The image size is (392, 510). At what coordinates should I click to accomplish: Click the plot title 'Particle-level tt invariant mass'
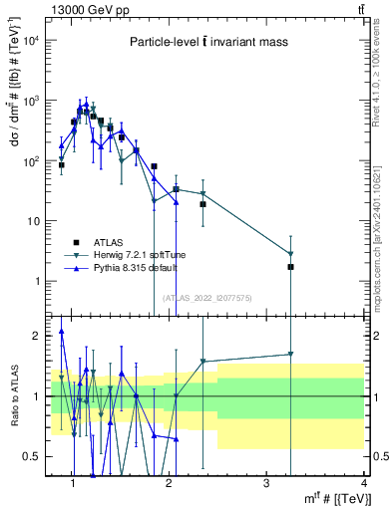(x=207, y=42)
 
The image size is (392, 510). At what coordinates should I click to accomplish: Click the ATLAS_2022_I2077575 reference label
(x=206, y=298)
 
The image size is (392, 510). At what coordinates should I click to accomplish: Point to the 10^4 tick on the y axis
(x=32, y=41)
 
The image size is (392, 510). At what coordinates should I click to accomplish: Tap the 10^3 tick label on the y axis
(x=32, y=101)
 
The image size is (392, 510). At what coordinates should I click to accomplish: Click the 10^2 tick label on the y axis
(x=32, y=160)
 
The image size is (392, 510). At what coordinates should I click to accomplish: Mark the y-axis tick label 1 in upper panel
(x=38, y=281)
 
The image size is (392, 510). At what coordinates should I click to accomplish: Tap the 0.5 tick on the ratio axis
(x=32, y=456)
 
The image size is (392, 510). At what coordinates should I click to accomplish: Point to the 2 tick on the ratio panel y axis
(x=38, y=336)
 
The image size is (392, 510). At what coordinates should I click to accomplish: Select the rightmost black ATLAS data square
(x=291, y=267)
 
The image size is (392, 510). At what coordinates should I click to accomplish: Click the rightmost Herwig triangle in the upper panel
(x=291, y=254)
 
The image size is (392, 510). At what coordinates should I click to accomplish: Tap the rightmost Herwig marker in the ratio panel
(x=291, y=354)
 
